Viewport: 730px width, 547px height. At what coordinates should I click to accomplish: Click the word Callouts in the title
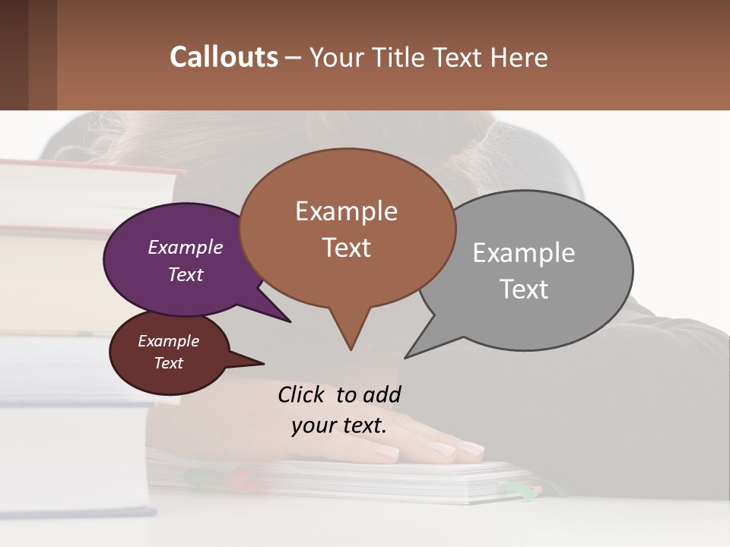click(224, 57)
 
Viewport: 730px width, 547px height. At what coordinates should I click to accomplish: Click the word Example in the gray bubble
click(524, 253)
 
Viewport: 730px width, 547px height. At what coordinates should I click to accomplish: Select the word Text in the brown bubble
click(347, 248)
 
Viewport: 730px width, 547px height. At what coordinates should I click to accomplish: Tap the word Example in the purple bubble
click(186, 248)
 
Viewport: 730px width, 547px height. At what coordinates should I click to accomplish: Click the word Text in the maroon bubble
click(168, 363)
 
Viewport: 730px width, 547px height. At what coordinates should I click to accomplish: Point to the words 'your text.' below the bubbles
click(339, 425)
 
